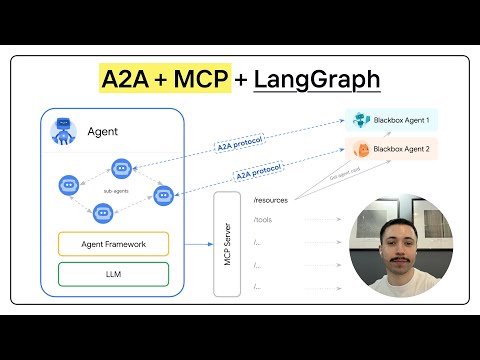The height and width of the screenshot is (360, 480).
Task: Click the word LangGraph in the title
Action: (317, 79)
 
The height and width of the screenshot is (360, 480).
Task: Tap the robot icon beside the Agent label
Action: (65, 132)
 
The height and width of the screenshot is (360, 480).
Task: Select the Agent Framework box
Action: (112, 243)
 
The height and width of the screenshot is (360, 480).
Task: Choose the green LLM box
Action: (112, 273)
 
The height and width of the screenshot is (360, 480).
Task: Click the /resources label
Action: (271, 202)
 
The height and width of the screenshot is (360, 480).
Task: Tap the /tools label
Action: (263, 220)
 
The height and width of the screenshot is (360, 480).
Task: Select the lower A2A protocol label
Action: (257, 173)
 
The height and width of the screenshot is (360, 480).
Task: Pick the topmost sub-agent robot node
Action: (121, 167)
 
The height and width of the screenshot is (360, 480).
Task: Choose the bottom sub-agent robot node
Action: (102, 211)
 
